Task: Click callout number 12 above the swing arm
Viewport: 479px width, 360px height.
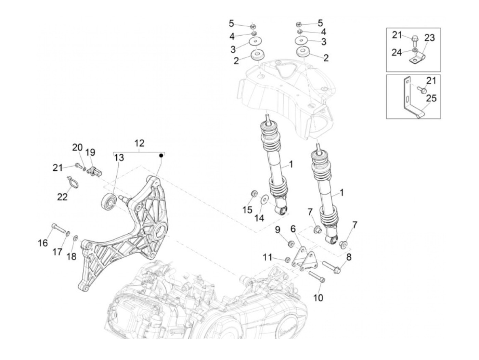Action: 139,143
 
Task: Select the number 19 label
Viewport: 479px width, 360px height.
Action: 91,152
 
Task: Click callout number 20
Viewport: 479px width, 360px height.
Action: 77,147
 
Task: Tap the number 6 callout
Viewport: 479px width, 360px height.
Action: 293,228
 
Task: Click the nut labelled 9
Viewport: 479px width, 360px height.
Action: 291,244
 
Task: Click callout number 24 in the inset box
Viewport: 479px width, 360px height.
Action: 397,52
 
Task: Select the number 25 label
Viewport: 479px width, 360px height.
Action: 431,99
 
